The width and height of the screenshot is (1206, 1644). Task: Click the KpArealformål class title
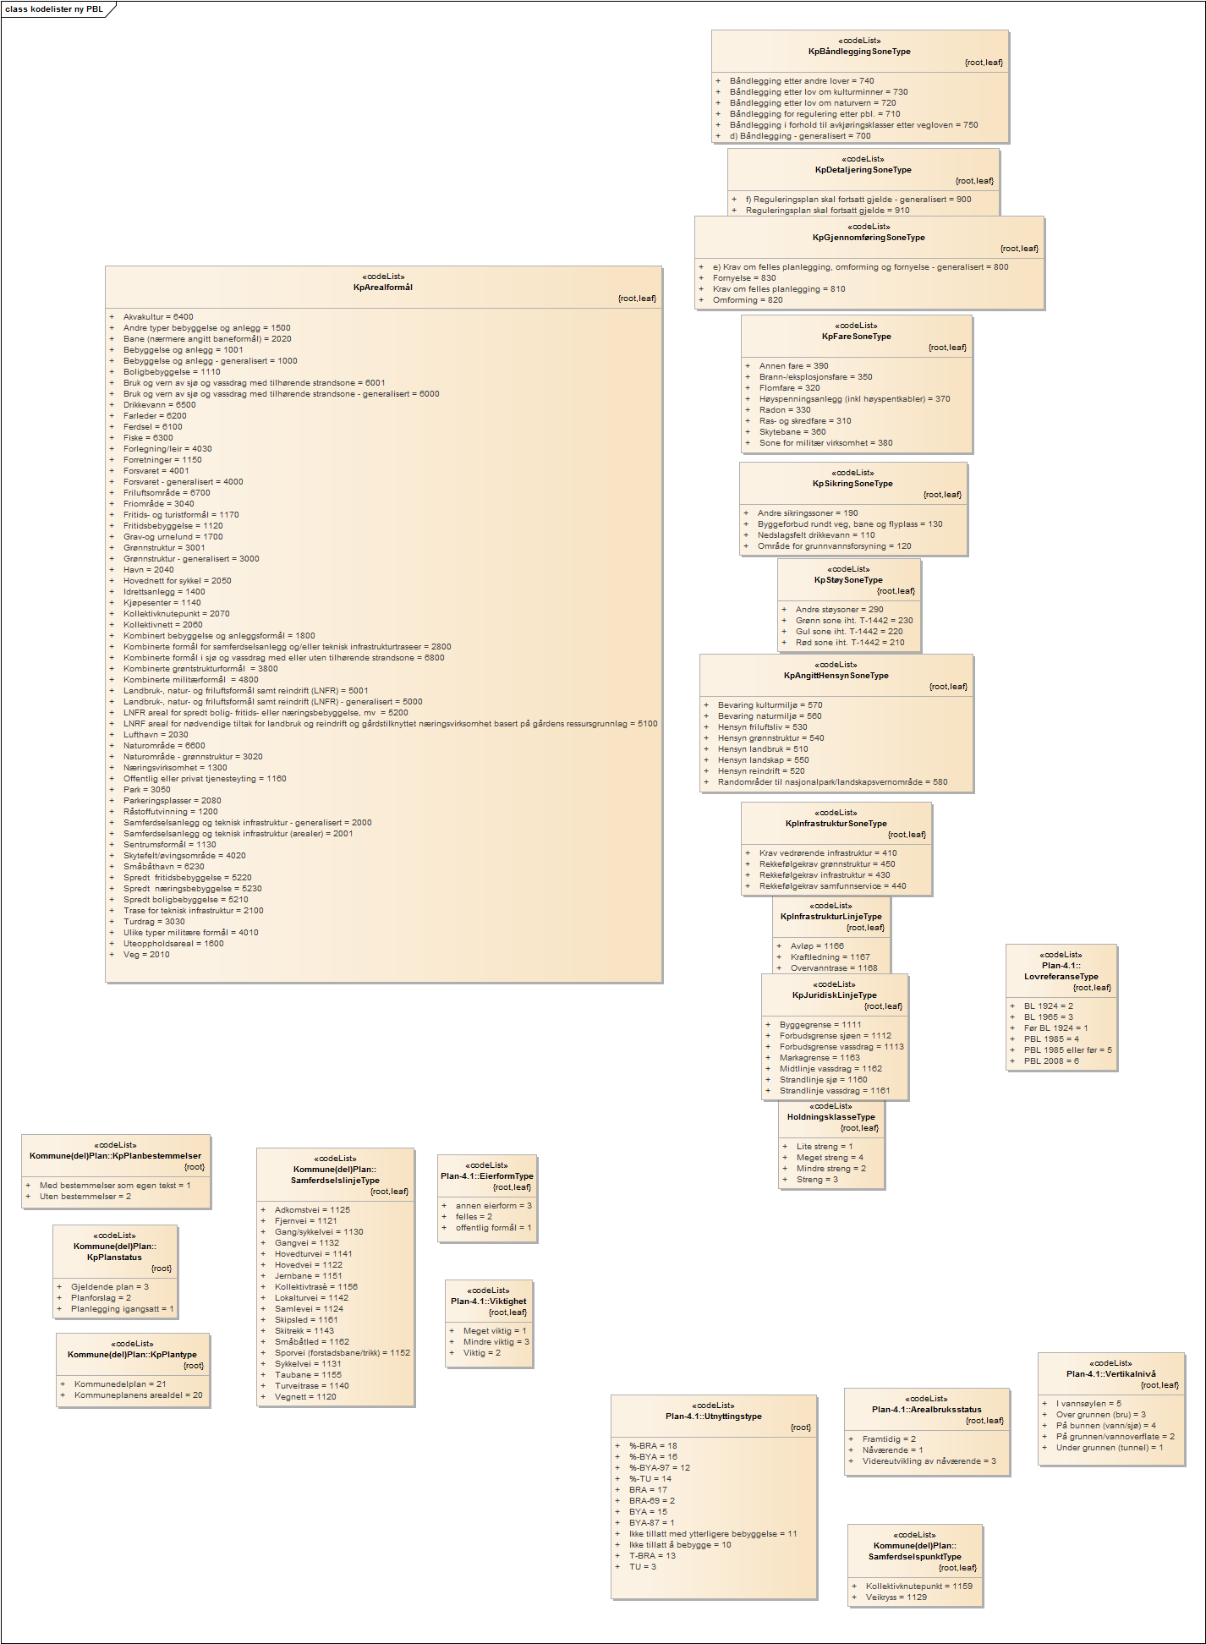[383, 288]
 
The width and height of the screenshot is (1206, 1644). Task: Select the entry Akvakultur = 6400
[158, 317]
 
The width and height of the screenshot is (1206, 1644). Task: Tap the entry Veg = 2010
[146, 955]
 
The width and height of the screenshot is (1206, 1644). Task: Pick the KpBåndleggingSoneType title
[859, 52]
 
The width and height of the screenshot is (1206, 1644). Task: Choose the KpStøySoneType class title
[848, 580]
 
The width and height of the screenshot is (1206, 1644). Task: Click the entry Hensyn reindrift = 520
[761, 771]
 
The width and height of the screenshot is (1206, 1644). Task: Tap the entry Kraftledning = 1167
[830, 957]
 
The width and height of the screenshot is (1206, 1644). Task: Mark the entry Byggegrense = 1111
[820, 1025]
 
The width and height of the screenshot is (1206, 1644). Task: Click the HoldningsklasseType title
[831, 1117]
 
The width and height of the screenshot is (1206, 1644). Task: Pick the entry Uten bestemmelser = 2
[85, 1197]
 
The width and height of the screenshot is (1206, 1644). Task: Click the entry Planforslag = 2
[101, 1298]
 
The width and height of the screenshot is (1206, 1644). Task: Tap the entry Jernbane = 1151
[308, 1276]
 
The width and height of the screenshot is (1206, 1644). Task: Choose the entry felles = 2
[474, 1217]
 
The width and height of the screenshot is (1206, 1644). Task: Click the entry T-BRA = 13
[652, 1556]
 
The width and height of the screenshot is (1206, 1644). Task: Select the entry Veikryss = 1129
[896, 1597]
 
